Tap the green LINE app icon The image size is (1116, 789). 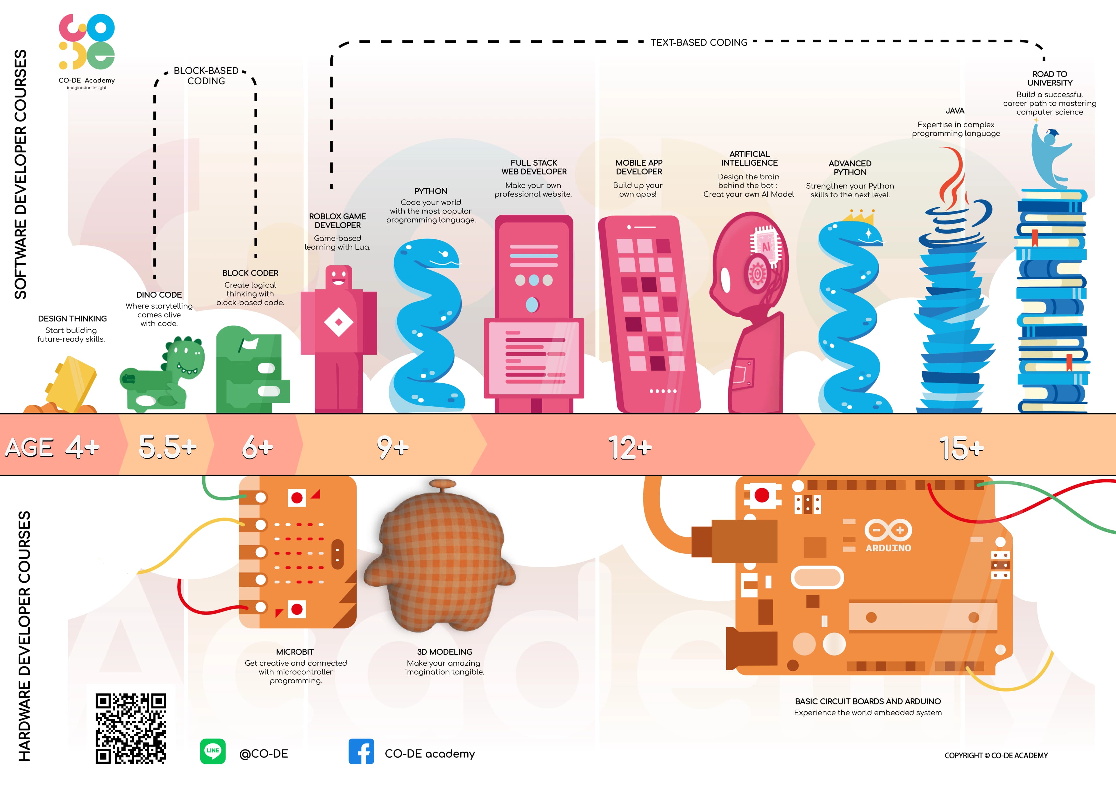click(x=213, y=751)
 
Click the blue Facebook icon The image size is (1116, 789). click(x=361, y=752)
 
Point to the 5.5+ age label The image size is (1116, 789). click(x=168, y=446)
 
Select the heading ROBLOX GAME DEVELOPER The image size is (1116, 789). click(x=337, y=221)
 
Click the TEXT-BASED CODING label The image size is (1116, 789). click(x=699, y=43)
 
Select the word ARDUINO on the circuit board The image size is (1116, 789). click(x=888, y=548)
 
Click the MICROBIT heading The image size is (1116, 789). click(x=295, y=652)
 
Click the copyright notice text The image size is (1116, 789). click(x=996, y=756)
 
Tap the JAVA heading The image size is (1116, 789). click(x=955, y=111)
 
